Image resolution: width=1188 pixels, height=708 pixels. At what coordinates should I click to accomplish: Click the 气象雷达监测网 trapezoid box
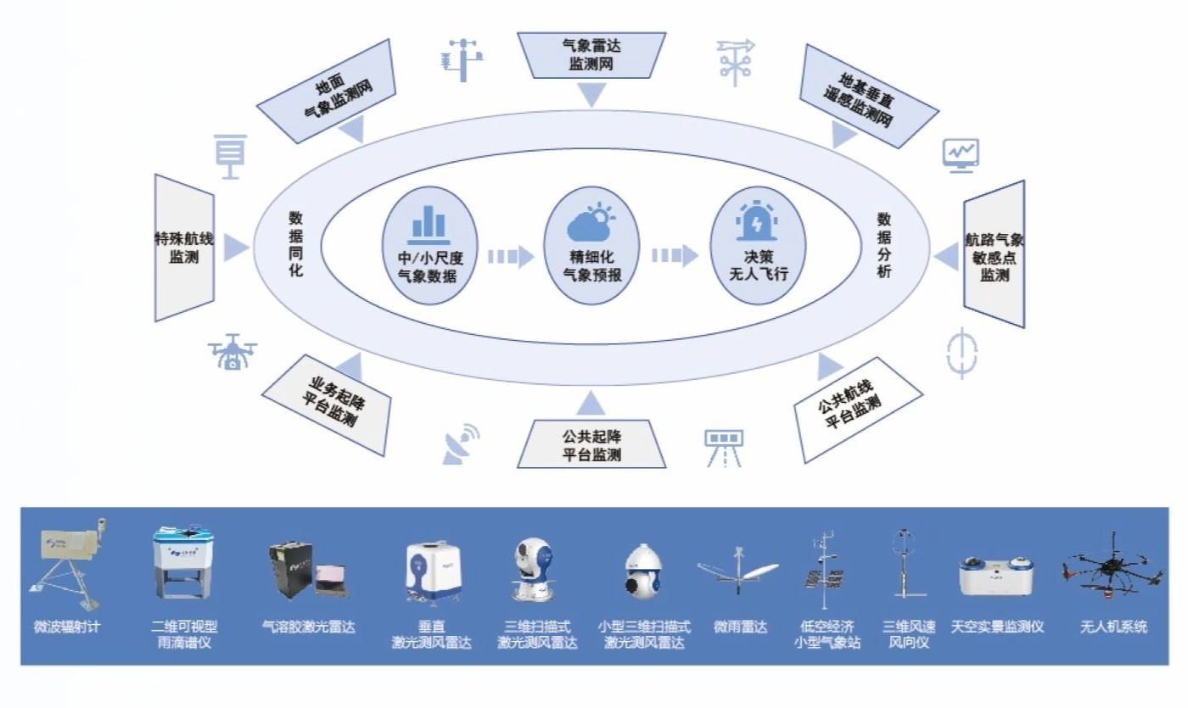coord(591,54)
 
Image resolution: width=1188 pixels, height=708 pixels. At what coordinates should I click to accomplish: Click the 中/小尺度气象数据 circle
coord(430,246)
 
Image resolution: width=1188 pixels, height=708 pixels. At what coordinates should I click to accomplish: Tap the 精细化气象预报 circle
coord(591,246)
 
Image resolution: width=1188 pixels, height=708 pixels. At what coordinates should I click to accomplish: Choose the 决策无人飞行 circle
coord(757,246)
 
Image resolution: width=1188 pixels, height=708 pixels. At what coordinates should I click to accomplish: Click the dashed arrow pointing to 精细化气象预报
coord(510,255)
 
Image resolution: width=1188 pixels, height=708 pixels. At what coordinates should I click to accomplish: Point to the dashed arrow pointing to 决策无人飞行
coord(674,255)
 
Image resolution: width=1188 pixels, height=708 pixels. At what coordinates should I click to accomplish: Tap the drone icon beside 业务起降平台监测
coord(232,351)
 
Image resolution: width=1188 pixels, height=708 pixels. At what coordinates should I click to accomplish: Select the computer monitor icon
coord(961,155)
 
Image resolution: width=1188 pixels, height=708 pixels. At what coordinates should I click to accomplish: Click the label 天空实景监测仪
coord(997,627)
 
